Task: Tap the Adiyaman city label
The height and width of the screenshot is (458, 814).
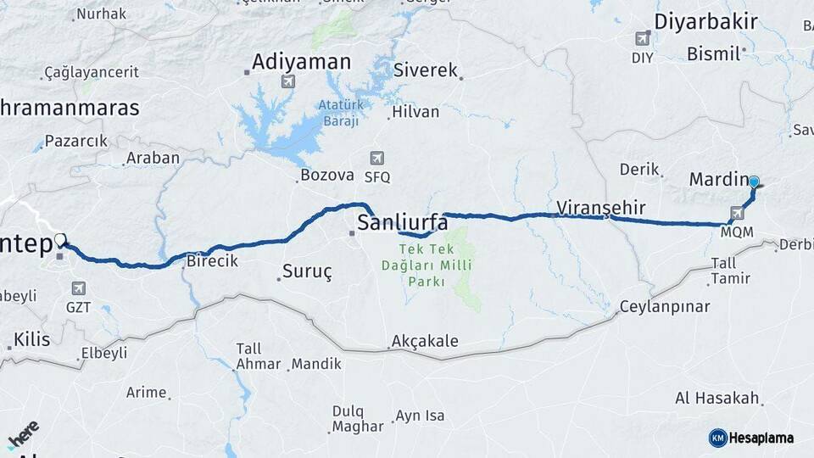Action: point(301,62)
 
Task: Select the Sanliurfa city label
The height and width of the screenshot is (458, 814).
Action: point(403,223)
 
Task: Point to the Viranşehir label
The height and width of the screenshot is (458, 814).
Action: point(601,208)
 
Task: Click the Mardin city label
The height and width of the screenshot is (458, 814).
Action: point(716,180)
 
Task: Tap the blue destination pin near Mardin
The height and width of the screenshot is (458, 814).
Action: point(753,182)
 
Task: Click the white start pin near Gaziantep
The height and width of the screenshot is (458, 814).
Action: point(59,241)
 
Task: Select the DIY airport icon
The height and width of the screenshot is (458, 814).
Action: point(643,38)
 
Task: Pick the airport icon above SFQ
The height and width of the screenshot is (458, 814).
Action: point(377,159)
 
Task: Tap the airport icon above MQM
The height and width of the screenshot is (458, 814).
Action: point(736,213)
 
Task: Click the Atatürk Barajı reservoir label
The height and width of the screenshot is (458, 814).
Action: point(339,113)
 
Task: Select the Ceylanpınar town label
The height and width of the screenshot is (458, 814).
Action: point(665,307)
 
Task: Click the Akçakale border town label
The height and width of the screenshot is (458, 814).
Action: point(425,342)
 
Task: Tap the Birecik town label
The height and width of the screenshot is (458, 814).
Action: point(212,261)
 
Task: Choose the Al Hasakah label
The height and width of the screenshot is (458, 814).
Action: point(716,398)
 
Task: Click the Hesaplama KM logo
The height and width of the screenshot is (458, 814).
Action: point(751,438)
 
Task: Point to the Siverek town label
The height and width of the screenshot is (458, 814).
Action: point(426,70)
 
